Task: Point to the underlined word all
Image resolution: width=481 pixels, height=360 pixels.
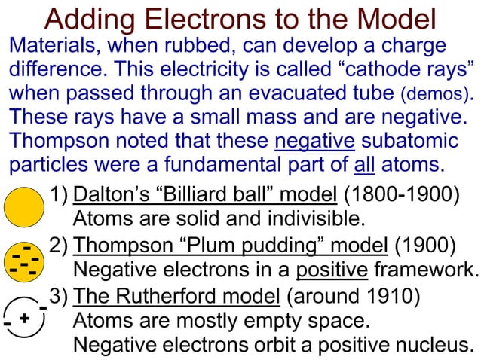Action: click(x=365, y=164)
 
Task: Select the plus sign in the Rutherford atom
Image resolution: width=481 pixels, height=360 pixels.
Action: click(x=24, y=318)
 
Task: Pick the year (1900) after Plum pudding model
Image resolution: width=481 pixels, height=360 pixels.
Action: click(x=425, y=246)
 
